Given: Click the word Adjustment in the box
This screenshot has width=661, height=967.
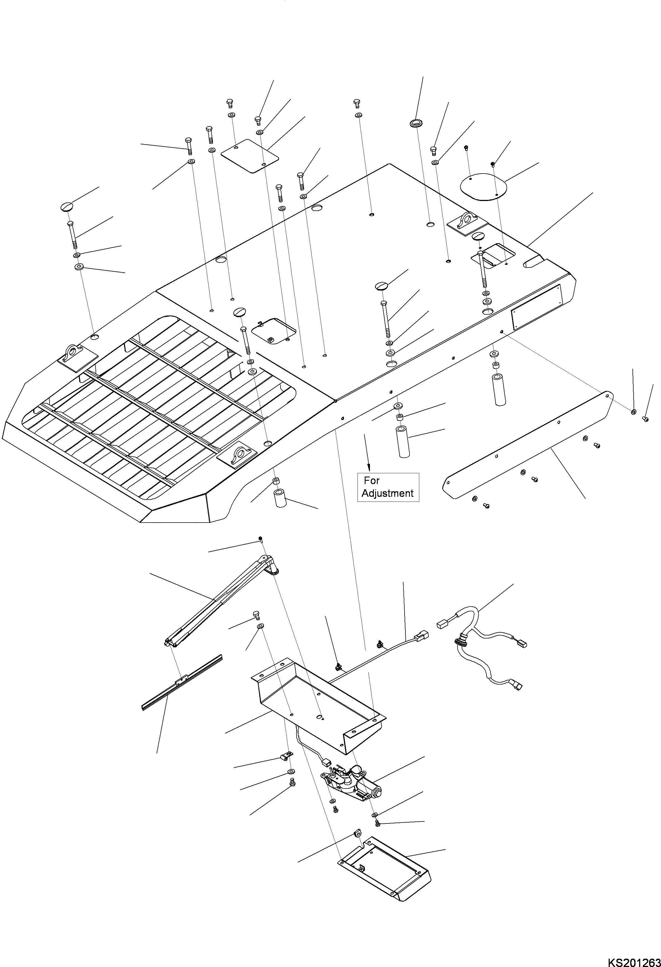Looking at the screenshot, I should [x=387, y=493].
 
